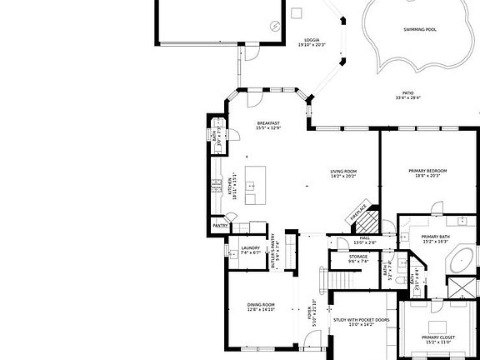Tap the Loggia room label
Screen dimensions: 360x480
(312, 42)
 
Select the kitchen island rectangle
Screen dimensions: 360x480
(255, 185)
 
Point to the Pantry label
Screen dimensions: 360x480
(220, 226)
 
